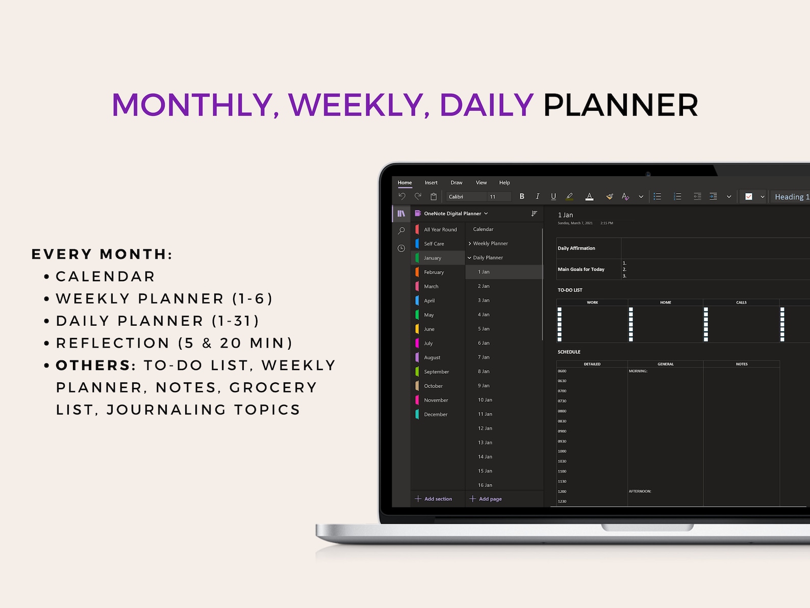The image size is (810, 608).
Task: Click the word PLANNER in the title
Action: (620, 105)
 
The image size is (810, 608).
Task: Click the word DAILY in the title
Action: (486, 105)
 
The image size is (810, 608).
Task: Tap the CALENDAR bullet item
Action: (105, 276)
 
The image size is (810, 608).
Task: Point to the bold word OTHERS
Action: (93, 365)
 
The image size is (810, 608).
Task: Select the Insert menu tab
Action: (431, 183)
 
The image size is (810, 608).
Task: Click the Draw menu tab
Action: (457, 183)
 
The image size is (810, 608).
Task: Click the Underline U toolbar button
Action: (553, 197)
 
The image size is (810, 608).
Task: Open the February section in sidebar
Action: (434, 272)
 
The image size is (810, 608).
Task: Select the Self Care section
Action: (434, 244)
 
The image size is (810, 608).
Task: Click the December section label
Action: (436, 415)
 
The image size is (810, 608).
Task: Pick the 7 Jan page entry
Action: (484, 357)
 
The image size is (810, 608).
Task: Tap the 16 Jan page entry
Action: (485, 485)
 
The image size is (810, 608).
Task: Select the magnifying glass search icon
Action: (401, 231)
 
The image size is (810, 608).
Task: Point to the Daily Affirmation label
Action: (576, 248)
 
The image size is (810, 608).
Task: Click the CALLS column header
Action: (741, 302)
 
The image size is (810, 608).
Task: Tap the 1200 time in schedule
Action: (562, 491)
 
